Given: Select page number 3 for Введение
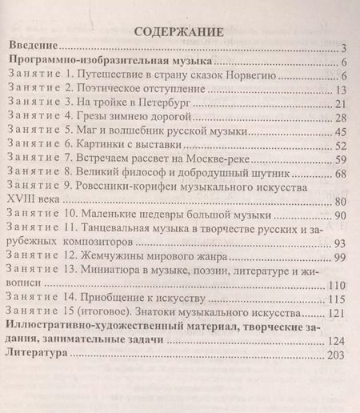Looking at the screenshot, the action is click(x=341, y=48).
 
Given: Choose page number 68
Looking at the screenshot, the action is click(x=338, y=173).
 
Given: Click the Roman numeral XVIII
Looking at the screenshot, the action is click(x=23, y=201).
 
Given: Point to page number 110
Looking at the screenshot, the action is click(x=336, y=285).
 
